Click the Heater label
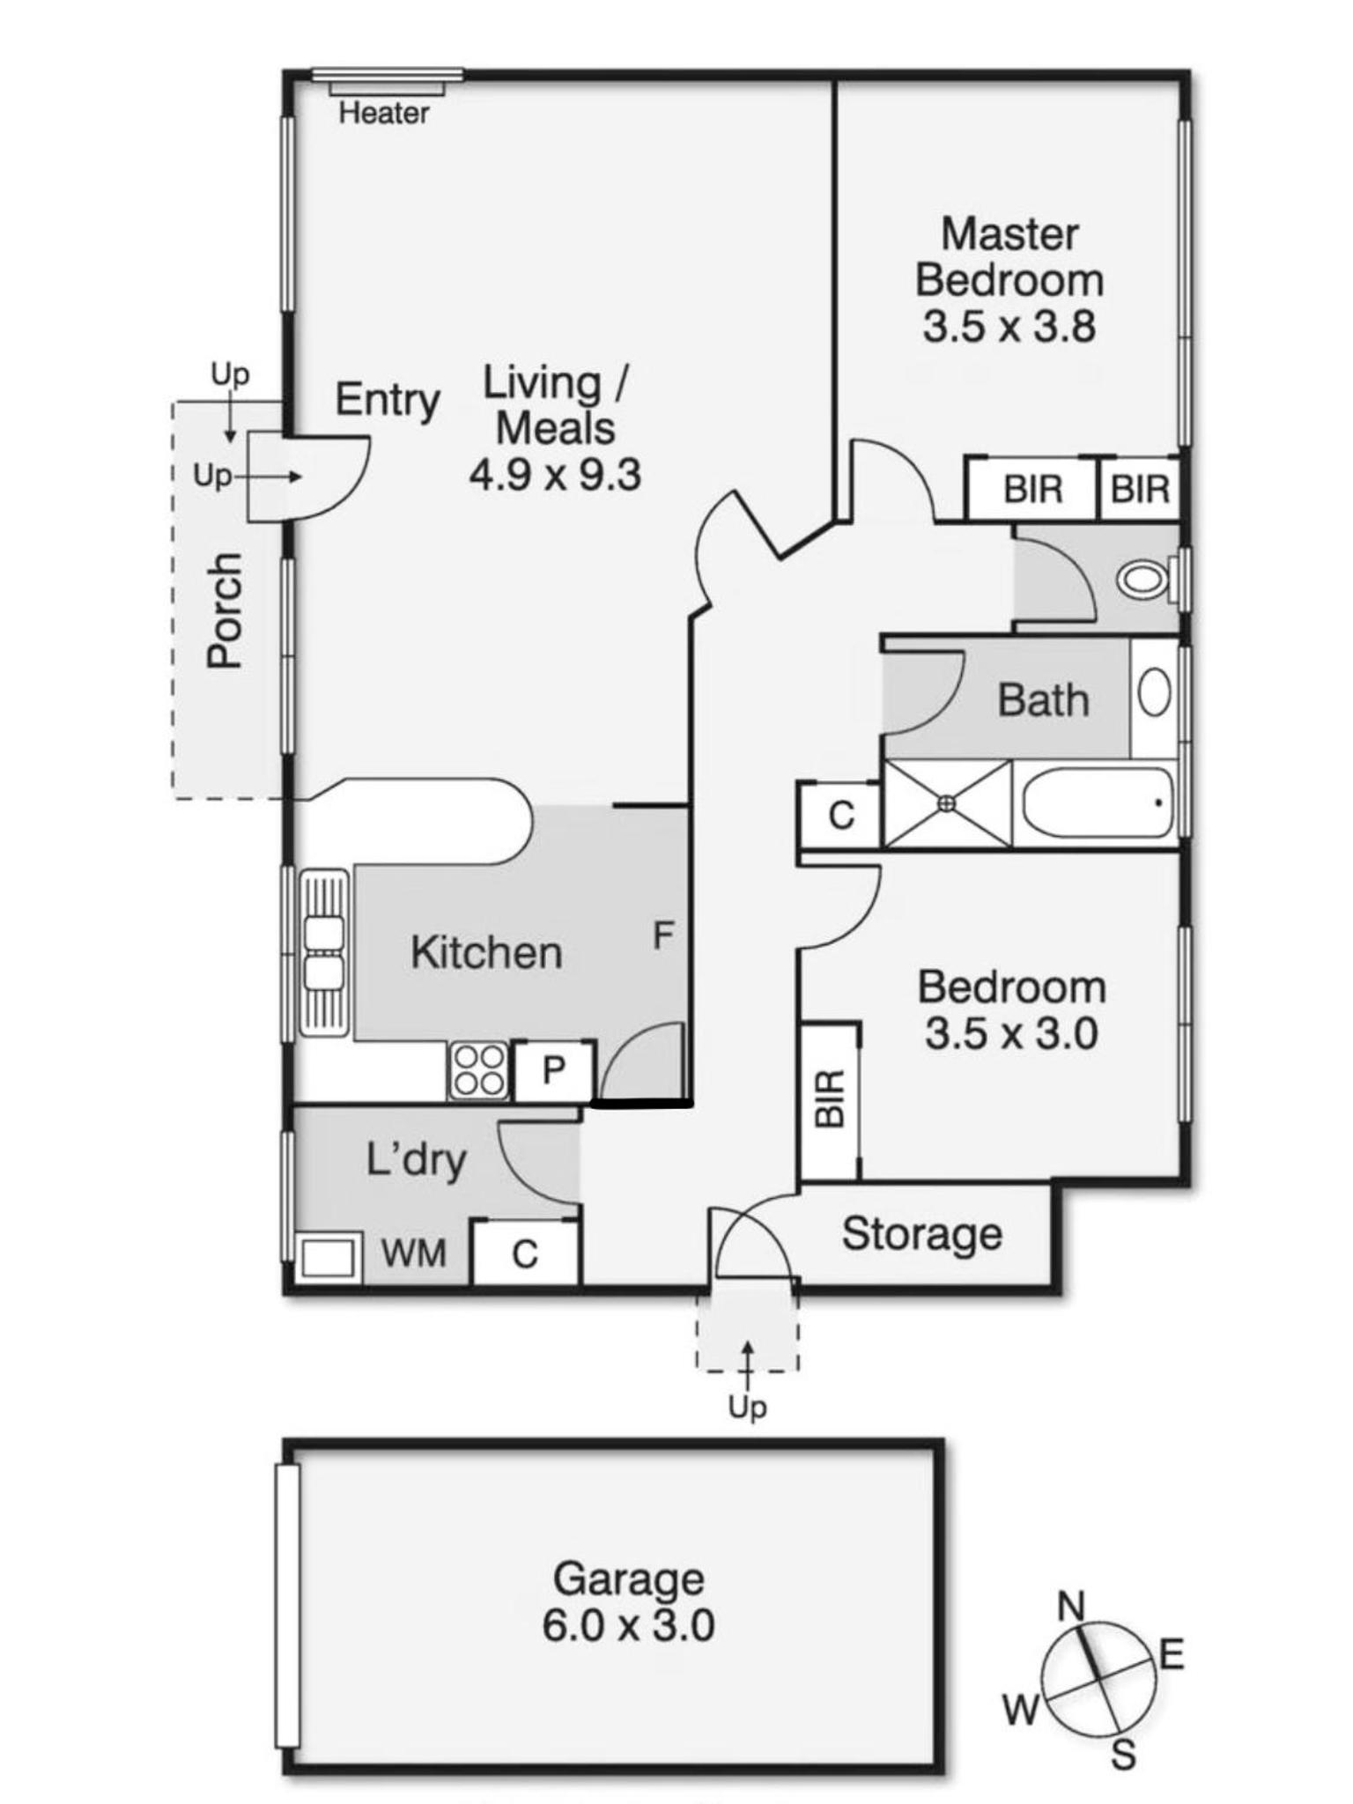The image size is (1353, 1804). pyautogui.click(x=384, y=113)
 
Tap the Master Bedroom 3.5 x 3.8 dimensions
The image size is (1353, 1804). pyautogui.click(x=1009, y=327)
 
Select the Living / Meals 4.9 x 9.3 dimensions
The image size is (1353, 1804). pyautogui.click(x=555, y=476)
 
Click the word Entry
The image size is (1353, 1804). pyautogui.click(x=388, y=401)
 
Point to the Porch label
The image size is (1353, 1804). pyautogui.click(x=224, y=610)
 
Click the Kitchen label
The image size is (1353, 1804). pyautogui.click(x=486, y=953)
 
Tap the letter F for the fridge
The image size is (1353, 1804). pyautogui.click(x=663, y=935)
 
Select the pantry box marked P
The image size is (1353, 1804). pyautogui.click(x=554, y=1070)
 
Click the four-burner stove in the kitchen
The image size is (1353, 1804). pyautogui.click(x=478, y=1070)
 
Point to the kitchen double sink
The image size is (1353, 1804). pyautogui.click(x=323, y=952)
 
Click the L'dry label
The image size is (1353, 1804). pyautogui.click(x=416, y=1160)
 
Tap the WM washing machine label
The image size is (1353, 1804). pyautogui.click(x=414, y=1253)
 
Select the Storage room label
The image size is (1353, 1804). pyautogui.click(x=922, y=1234)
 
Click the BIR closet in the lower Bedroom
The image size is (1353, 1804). pyautogui.click(x=830, y=1100)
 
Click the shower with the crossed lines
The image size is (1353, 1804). pyautogui.click(x=947, y=803)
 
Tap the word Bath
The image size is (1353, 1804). pyautogui.click(x=1043, y=701)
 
